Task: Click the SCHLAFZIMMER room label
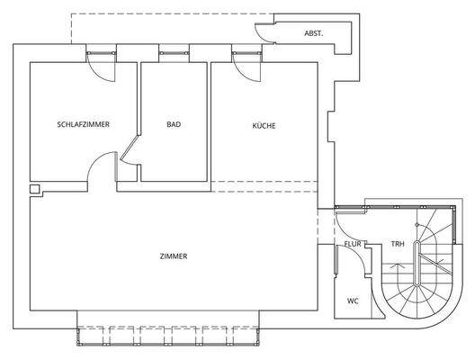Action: click(84, 124)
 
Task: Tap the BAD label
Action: click(174, 124)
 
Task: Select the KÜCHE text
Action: click(264, 125)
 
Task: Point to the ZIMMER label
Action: click(174, 256)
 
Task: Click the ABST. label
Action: click(314, 33)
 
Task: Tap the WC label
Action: click(353, 301)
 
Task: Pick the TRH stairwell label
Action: click(398, 244)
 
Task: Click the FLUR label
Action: click(353, 244)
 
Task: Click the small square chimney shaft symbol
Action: click(34, 189)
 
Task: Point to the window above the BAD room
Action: click(175, 53)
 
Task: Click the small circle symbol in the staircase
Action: click(417, 225)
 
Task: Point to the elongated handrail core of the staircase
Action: click(417, 263)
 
